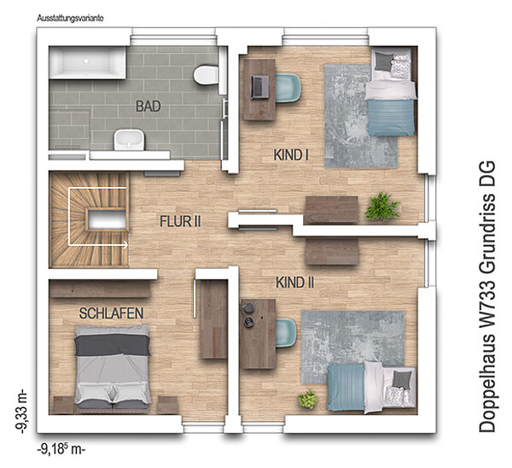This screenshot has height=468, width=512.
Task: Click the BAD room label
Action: point(148,106)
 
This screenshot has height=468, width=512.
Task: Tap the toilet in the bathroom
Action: point(206,75)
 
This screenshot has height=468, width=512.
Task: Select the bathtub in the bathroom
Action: point(87,62)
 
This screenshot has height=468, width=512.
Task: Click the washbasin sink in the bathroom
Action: point(129,140)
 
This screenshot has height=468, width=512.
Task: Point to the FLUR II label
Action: point(180,221)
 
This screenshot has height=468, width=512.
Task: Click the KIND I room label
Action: point(291,155)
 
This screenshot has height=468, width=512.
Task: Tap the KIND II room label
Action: point(295,283)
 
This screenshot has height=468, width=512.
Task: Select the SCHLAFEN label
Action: point(111,313)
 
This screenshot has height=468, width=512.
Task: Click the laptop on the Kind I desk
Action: point(260,87)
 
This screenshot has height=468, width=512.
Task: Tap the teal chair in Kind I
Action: point(288,88)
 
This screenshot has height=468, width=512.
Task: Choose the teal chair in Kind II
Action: point(286,333)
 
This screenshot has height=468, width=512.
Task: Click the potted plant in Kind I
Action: point(382,206)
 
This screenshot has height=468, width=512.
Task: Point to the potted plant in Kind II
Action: point(307,399)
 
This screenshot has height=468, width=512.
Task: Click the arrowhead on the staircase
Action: point(125,244)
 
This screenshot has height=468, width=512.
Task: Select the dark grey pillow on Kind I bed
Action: point(382,61)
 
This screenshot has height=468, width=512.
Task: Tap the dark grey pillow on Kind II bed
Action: point(402,379)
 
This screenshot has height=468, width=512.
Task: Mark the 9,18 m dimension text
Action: point(61,449)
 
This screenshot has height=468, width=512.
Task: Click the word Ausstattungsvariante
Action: point(70,18)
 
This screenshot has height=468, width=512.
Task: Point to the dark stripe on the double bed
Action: point(113,345)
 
